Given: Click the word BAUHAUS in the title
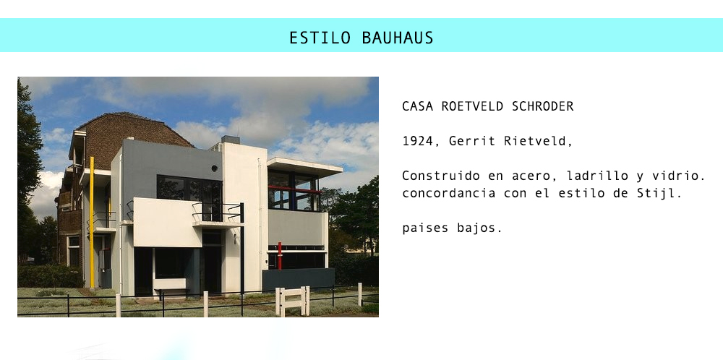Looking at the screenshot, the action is [x=398, y=38].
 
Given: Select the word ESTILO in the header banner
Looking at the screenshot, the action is [x=320, y=38].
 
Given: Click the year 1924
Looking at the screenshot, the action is [x=418, y=141].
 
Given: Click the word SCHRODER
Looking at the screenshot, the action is [x=543, y=106].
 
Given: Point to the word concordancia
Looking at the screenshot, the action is [x=449, y=193].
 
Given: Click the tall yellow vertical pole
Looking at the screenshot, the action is [x=91, y=222].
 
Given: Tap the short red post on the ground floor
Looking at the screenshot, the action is [x=279, y=255].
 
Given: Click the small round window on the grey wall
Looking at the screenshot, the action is [x=215, y=168].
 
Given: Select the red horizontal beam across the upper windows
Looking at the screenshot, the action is [x=295, y=189].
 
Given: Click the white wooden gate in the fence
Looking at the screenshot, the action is [x=292, y=301].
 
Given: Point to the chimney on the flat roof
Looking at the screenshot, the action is [x=231, y=140].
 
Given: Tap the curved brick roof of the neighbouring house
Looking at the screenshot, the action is [x=134, y=134].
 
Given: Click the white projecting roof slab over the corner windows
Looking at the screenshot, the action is [x=305, y=166].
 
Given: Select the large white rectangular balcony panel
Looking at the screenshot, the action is [x=168, y=222].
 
